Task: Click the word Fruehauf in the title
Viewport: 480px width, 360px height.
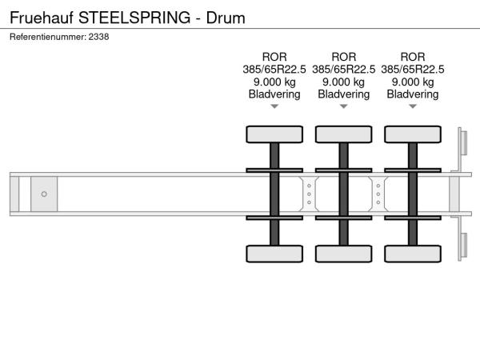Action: tap(42, 18)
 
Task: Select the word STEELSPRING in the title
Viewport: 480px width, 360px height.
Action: tap(134, 18)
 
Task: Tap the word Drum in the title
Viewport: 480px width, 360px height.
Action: tap(226, 18)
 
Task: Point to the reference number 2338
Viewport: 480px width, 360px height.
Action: tap(98, 37)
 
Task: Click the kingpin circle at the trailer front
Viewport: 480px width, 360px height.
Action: tap(44, 194)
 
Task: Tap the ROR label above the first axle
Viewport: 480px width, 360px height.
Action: tap(274, 57)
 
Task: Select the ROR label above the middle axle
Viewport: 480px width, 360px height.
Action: tap(343, 57)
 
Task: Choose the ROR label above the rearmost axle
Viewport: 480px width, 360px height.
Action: tap(413, 57)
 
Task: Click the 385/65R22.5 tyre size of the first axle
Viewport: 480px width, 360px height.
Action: tap(274, 70)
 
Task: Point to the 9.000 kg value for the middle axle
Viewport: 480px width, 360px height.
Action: tap(343, 82)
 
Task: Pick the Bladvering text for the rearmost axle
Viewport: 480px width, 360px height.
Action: tap(413, 94)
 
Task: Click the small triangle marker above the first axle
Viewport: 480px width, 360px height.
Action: tap(274, 106)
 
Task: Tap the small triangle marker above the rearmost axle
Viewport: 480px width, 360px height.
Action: tap(413, 106)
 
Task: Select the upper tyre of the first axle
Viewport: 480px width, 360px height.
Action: tap(274, 134)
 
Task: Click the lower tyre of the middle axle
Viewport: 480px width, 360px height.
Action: tap(343, 254)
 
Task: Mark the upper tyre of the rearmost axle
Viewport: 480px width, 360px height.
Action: tap(413, 134)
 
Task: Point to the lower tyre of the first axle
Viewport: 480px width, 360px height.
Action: tap(274, 254)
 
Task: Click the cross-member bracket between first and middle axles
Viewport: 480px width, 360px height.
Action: tap(309, 194)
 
